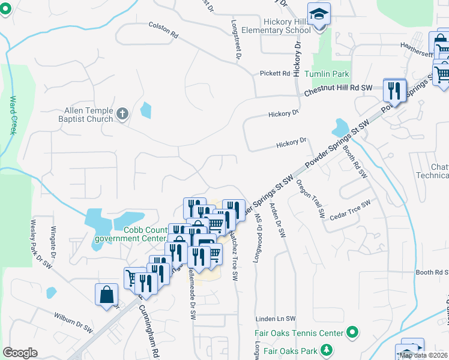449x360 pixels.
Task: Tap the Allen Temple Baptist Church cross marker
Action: (x=122, y=113)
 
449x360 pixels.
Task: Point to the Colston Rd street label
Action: (x=164, y=30)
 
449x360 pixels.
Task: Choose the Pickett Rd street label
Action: (x=275, y=73)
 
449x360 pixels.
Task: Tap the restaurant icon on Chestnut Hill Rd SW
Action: (x=393, y=91)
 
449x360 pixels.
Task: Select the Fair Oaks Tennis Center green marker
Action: (x=353, y=332)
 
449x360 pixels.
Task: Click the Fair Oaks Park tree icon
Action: (x=326, y=349)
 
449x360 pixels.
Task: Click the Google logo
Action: (x=20, y=353)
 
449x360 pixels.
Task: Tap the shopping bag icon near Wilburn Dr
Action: (x=106, y=295)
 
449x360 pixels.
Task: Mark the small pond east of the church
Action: (x=146, y=110)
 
